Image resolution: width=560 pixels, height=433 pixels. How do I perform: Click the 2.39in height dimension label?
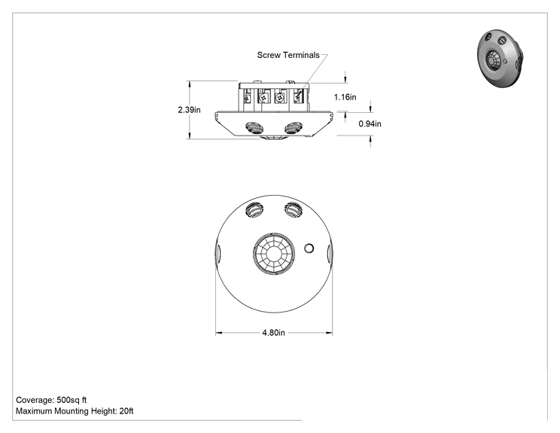click(x=189, y=110)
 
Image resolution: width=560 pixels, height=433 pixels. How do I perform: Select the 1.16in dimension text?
click(x=345, y=97)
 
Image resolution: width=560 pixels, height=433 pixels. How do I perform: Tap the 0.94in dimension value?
click(x=370, y=123)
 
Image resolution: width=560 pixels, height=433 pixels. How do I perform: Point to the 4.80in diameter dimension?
click(x=273, y=333)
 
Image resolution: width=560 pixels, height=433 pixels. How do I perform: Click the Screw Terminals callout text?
click(x=288, y=55)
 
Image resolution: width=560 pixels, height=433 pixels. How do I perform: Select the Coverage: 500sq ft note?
click(x=51, y=400)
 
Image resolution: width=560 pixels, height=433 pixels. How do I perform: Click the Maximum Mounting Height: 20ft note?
click(x=75, y=411)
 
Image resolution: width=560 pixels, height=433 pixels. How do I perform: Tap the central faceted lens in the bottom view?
click(x=274, y=254)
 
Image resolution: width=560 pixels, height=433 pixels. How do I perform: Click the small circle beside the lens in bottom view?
click(x=309, y=249)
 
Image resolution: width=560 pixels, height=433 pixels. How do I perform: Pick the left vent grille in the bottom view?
click(x=254, y=209)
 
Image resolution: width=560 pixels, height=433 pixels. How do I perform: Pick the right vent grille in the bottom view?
click(x=294, y=209)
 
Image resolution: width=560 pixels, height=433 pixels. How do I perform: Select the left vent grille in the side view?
click(x=254, y=127)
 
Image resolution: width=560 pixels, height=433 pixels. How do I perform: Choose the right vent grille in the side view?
click(x=294, y=127)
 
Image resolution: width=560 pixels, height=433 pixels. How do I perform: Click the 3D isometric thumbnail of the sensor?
click(x=500, y=58)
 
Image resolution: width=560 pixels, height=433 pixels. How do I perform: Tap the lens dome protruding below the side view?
click(x=273, y=137)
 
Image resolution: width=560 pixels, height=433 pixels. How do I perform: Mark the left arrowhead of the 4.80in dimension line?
click(x=218, y=333)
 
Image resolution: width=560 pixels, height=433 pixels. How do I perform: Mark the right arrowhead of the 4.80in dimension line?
click(x=329, y=333)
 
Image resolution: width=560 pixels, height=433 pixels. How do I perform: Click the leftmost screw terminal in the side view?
click(x=247, y=96)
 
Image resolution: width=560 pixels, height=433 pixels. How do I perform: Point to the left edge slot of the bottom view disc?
click(x=218, y=253)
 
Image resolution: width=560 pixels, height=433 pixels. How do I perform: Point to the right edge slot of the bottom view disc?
click(x=330, y=253)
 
